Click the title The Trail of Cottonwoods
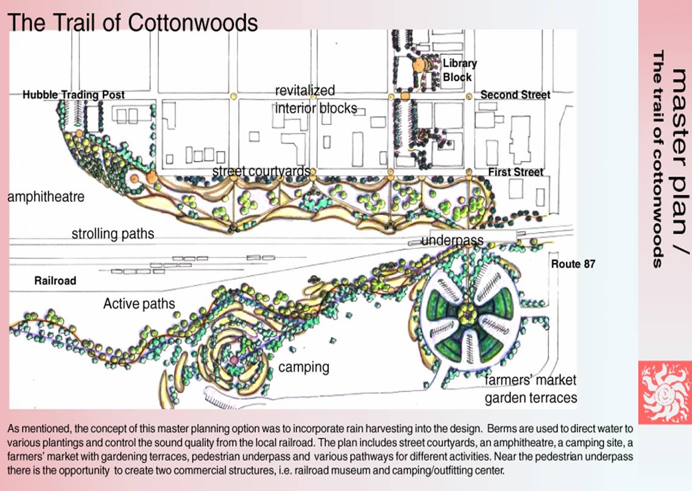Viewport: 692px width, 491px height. pyautogui.click(x=133, y=23)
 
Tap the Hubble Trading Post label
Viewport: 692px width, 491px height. pyautogui.click(x=74, y=95)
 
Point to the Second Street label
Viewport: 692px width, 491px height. pyautogui.click(x=515, y=95)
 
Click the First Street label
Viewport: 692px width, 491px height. pyautogui.click(x=515, y=172)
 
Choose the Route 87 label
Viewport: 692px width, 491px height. pyautogui.click(x=573, y=264)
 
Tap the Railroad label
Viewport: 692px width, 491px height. pyautogui.click(x=55, y=281)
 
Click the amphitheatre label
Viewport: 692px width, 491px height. pyautogui.click(x=46, y=197)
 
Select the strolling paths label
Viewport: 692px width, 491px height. pyautogui.click(x=113, y=234)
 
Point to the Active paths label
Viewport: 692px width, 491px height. pyautogui.click(x=139, y=304)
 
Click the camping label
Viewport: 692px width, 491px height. pyautogui.click(x=303, y=367)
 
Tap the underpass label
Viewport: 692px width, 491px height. pyautogui.click(x=452, y=240)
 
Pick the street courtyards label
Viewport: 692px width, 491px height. pyautogui.click(x=261, y=171)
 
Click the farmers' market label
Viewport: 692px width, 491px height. pyautogui.click(x=530, y=381)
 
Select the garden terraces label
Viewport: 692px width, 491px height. pyautogui.click(x=531, y=398)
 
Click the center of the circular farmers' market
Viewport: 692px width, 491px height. pyautogui.click(x=467, y=314)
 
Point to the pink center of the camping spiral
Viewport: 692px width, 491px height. pyautogui.click(x=234, y=361)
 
